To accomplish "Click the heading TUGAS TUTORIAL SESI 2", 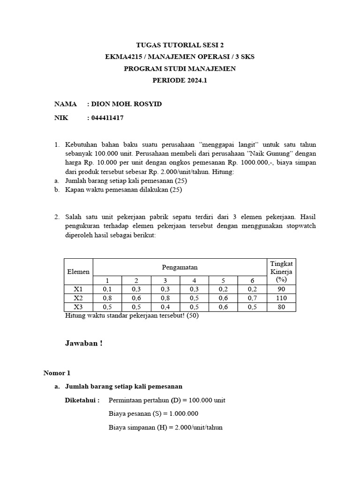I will point(180,45).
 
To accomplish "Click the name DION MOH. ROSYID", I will point(126,104).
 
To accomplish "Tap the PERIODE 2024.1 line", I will point(180,81).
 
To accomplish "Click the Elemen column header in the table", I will point(78,271).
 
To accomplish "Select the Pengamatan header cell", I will point(180,267).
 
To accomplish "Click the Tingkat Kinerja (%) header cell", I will point(281,271).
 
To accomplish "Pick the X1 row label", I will point(78,290).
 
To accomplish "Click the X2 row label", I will point(78,298).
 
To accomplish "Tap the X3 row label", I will point(78,307).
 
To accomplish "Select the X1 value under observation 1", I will point(107,290).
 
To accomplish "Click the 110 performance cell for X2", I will point(281,298).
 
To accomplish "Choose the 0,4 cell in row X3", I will point(165,307).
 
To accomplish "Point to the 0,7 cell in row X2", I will point(252,298).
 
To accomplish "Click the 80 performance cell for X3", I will point(281,307).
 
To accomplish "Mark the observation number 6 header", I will point(252,280).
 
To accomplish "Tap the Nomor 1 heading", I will point(57,373).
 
